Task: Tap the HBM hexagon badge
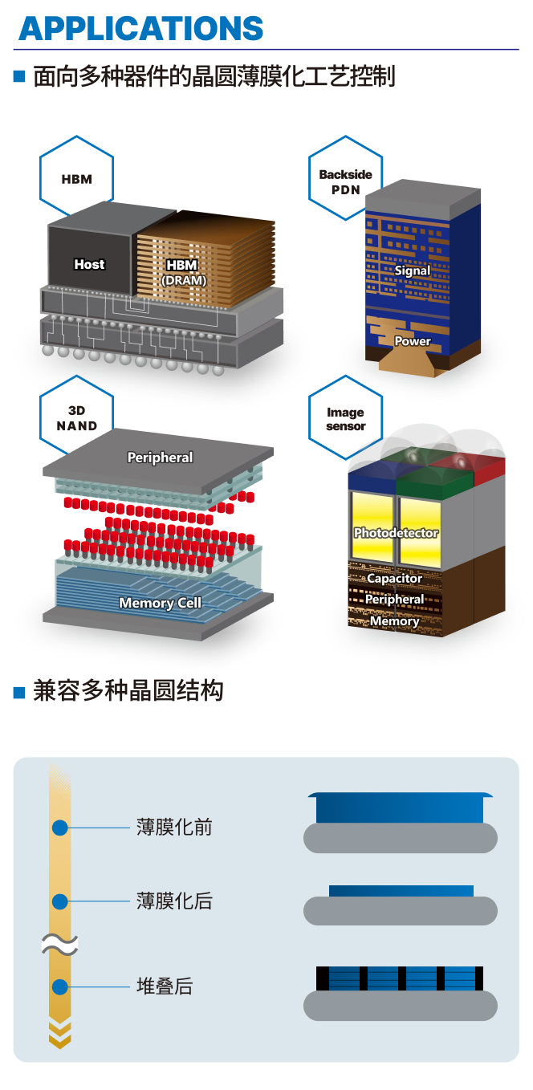pyautogui.click(x=77, y=179)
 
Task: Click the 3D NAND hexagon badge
pyautogui.click(x=77, y=419)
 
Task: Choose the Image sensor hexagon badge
pyautogui.click(x=346, y=419)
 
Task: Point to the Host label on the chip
pyautogui.click(x=89, y=264)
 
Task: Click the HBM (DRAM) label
pyautogui.click(x=184, y=271)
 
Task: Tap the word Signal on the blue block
pyautogui.click(x=412, y=270)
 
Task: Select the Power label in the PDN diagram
pyautogui.click(x=412, y=341)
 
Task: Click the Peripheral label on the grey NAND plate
pyautogui.click(x=160, y=458)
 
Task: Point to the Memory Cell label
pyautogui.click(x=160, y=603)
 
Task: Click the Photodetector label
pyautogui.click(x=396, y=533)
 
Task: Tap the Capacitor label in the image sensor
pyautogui.click(x=394, y=578)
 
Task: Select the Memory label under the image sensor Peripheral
pyautogui.click(x=394, y=621)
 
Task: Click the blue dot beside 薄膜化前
pyautogui.click(x=60, y=828)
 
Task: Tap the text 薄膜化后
pyautogui.click(x=174, y=901)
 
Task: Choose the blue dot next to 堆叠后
pyautogui.click(x=60, y=986)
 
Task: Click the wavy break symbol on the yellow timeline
pyautogui.click(x=60, y=945)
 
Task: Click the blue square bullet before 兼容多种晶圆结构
pyautogui.click(x=20, y=692)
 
